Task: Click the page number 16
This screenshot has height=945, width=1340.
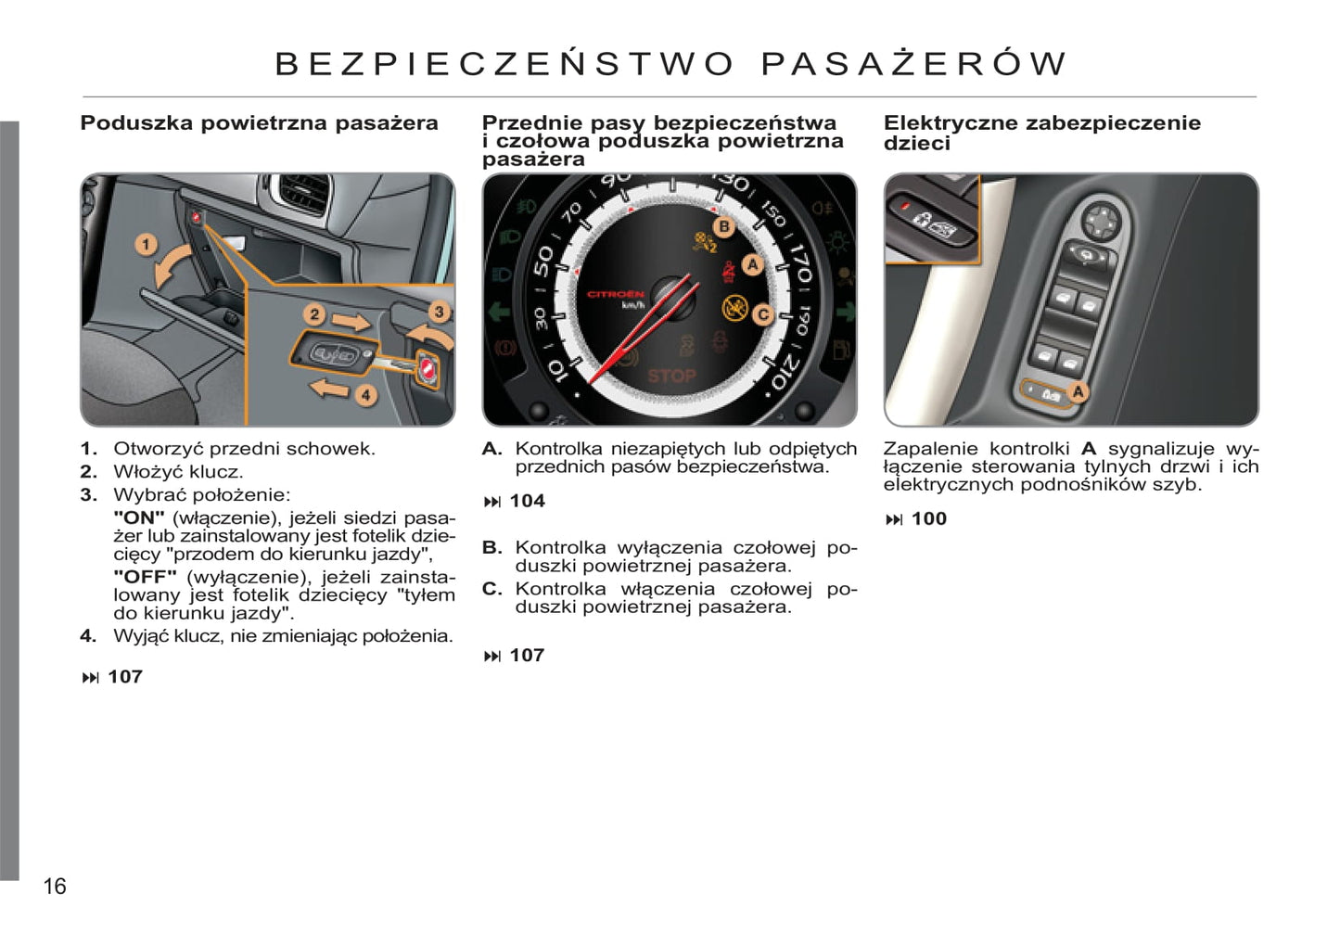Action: point(55,887)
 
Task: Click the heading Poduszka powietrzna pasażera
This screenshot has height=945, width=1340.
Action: point(259,123)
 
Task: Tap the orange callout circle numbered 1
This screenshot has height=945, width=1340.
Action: point(146,245)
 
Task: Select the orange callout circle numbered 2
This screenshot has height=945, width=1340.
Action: point(314,314)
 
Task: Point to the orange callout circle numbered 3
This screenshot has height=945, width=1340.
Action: point(439,312)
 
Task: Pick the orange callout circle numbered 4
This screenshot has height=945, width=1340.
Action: point(365,395)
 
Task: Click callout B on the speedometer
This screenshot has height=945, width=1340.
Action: point(723,226)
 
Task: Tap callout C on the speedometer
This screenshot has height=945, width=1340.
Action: point(762,314)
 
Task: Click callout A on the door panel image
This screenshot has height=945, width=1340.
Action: point(1078,392)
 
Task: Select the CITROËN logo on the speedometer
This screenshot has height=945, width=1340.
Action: point(615,294)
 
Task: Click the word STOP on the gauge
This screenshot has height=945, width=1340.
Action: point(671,376)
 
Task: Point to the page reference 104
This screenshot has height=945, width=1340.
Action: point(527,502)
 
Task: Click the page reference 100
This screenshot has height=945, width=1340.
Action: point(928,519)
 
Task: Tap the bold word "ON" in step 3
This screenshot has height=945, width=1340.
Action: point(139,517)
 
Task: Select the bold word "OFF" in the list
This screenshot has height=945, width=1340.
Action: point(145,577)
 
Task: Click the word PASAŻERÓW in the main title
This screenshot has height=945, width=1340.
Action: point(913,63)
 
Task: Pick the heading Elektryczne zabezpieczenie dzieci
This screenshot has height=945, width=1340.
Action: point(1041,133)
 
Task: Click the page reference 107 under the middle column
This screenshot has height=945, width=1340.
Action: point(527,656)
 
